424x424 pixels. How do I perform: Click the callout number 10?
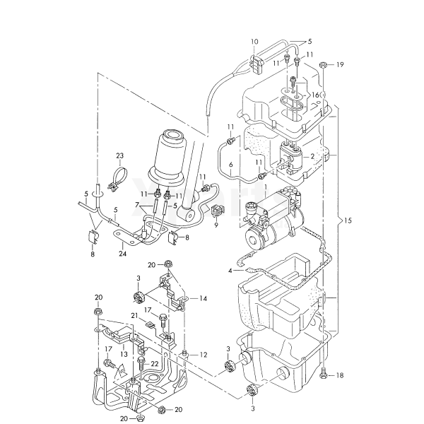pyautogui.click(x=254, y=42)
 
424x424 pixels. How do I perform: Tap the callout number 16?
pyautogui.click(x=315, y=95)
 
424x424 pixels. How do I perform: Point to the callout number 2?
pyautogui.click(x=312, y=155)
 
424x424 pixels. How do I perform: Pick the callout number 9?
pyautogui.click(x=216, y=225)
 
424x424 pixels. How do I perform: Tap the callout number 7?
pyautogui.click(x=139, y=205)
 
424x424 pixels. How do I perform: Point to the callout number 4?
pyautogui.click(x=230, y=270)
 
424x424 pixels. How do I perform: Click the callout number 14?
pyautogui.click(x=203, y=298)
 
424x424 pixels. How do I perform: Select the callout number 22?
pyautogui.click(x=154, y=363)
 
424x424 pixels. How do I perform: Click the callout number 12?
pyautogui.click(x=204, y=354)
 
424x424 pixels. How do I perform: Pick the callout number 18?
pyautogui.click(x=340, y=376)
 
